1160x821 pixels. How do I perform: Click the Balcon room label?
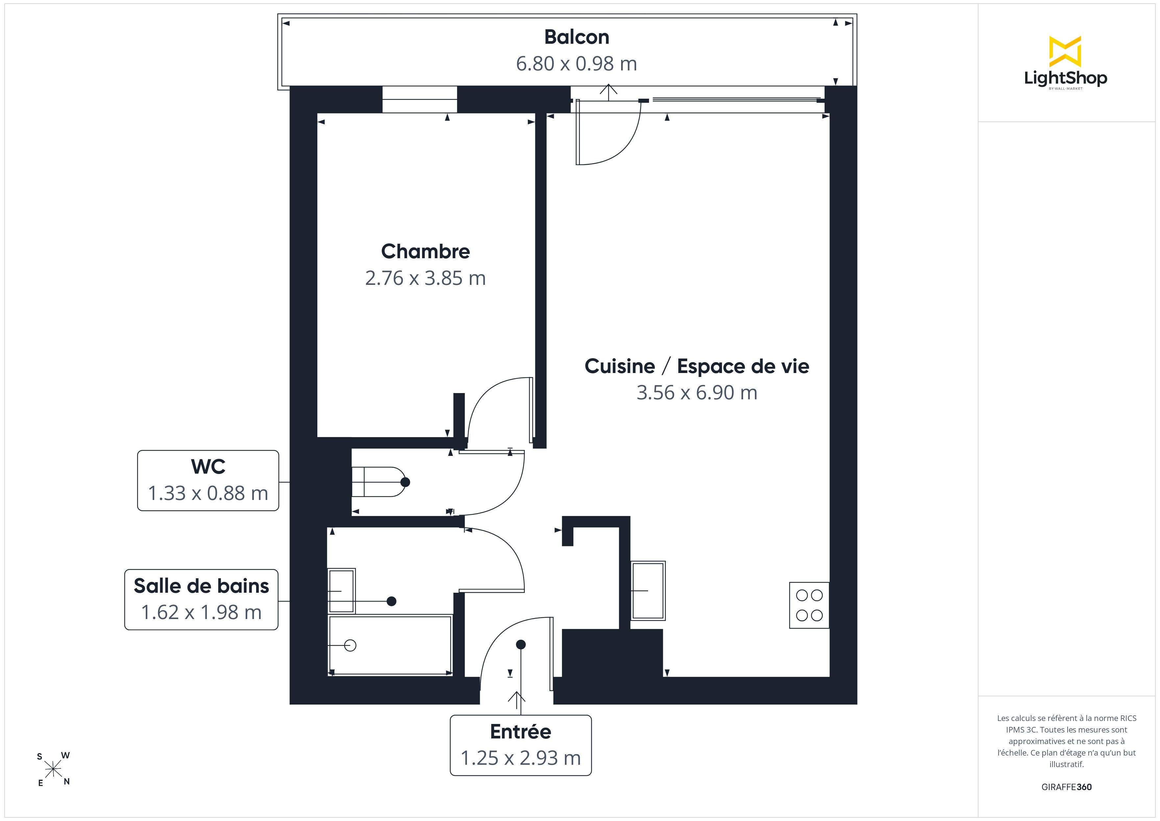click(x=576, y=37)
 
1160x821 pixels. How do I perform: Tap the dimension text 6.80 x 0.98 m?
click(x=576, y=64)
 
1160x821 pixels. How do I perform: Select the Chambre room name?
click(x=425, y=251)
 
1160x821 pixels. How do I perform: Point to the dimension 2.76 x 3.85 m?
click(x=425, y=278)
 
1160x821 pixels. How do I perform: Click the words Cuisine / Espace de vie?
click(x=697, y=366)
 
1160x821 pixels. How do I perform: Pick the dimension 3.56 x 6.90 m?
click(x=697, y=393)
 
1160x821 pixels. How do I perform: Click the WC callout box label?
click(x=208, y=467)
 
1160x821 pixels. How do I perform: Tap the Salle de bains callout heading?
click(x=202, y=586)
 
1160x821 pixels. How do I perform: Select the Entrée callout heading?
click(x=520, y=732)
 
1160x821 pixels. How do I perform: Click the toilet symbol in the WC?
click(x=380, y=482)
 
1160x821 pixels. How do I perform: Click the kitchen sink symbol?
click(x=648, y=590)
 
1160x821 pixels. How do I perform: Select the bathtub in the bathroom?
click(x=390, y=645)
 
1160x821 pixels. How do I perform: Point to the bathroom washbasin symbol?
click(x=342, y=591)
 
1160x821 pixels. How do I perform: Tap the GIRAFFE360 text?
click(x=1066, y=787)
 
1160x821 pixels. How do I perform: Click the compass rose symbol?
click(x=53, y=769)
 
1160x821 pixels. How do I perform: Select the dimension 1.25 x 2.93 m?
click(x=520, y=758)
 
